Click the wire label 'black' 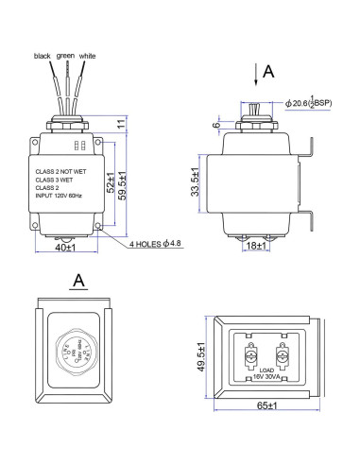click(x=43, y=56)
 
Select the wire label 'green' click(x=64, y=56)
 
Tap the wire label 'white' click(x=88, y=56)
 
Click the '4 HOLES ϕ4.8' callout click(x=162, y=243)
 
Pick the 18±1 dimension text click(x=254, y=245)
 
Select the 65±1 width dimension click(x=265, y=405)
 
